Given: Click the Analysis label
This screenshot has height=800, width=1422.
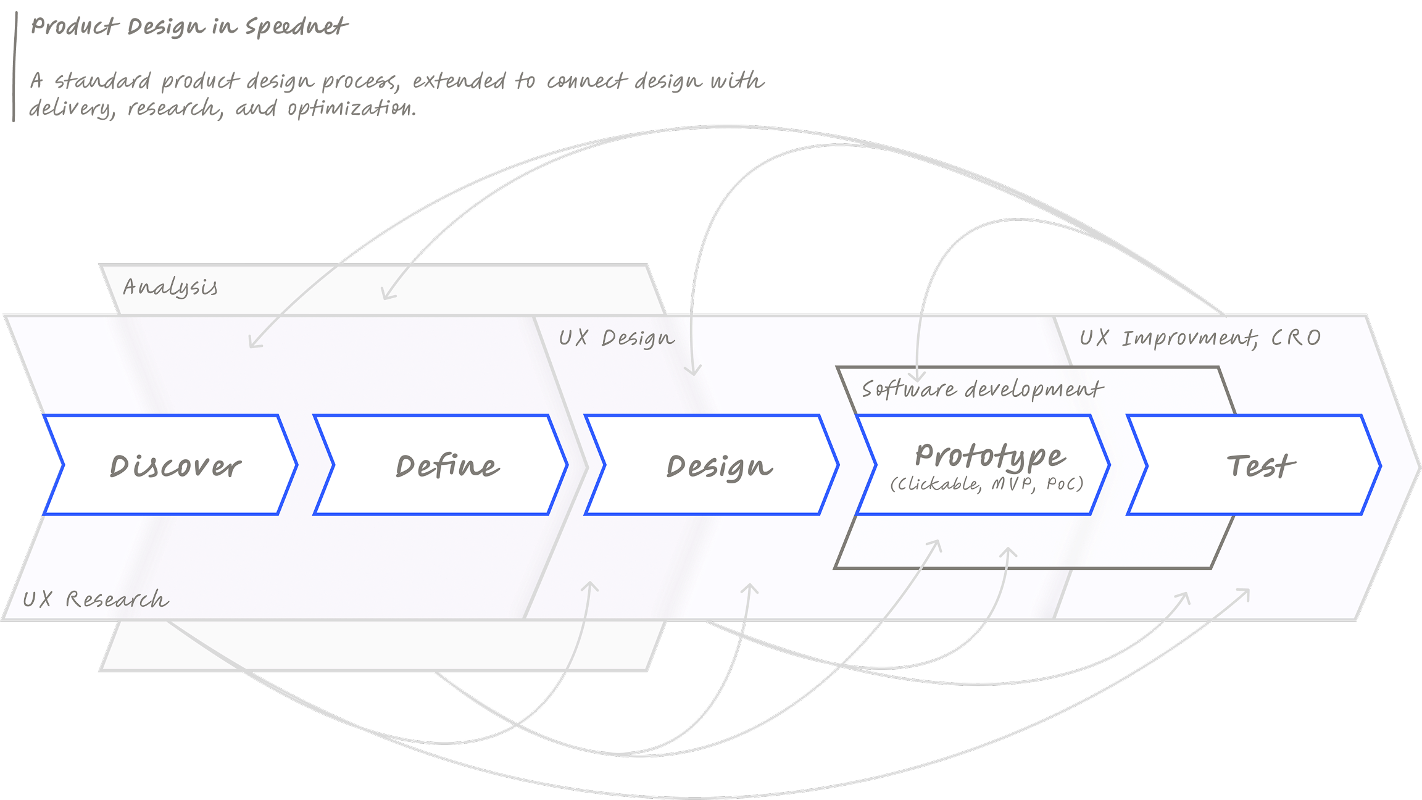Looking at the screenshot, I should [x=170, y=288].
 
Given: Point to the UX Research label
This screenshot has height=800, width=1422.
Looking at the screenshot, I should [x=96, y=599].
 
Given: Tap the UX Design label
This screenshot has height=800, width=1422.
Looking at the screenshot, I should [x=617, y=338].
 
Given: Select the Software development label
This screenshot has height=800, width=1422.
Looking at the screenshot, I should [x=982, y=390].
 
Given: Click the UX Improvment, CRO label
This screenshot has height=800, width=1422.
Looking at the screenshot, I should [x=1200, y=338].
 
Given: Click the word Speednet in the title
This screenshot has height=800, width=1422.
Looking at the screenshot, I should [x=296, y=27].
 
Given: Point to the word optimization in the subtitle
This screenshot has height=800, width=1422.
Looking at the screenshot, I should [x=352, y=109].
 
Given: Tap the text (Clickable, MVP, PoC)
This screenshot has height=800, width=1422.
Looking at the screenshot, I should [x=986, y=484].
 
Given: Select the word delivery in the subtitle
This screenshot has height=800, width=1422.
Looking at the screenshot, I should [x=72, y=109].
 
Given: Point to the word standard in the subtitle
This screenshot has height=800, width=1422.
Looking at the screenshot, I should [x=102, y=81].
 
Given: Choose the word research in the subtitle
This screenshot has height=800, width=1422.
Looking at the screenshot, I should [x=174, y=109].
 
